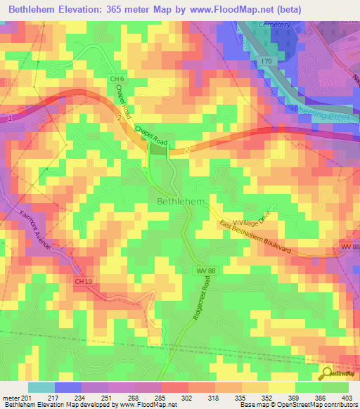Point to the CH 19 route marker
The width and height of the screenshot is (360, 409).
point(83,282)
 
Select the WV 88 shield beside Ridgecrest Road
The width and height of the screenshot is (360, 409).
point(202,270)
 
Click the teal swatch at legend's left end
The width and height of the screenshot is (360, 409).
point(41,387)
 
